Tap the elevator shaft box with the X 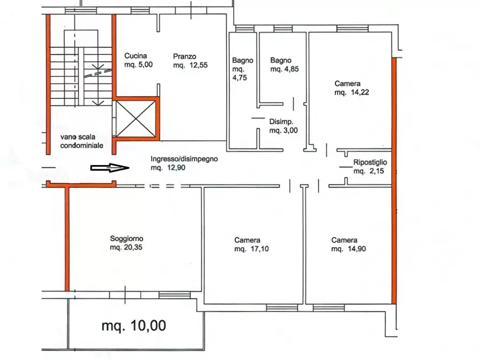(x=135, y=118)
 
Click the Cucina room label (x=135, y=56)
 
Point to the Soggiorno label (x=127, y=239)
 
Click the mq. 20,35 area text (x=127, y=248)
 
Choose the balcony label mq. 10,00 (x=134, y=325)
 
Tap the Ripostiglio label (x=370, y=162)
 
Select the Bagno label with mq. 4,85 (x=281, y=60)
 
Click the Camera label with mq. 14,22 (x=347, y=83)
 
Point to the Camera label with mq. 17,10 (x=247, y=240)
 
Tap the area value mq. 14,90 (x=348, y=249)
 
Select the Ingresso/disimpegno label (x=184, y=159)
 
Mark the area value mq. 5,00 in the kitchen (x=139, y=65)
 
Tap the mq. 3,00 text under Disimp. (x=283, y=130)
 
